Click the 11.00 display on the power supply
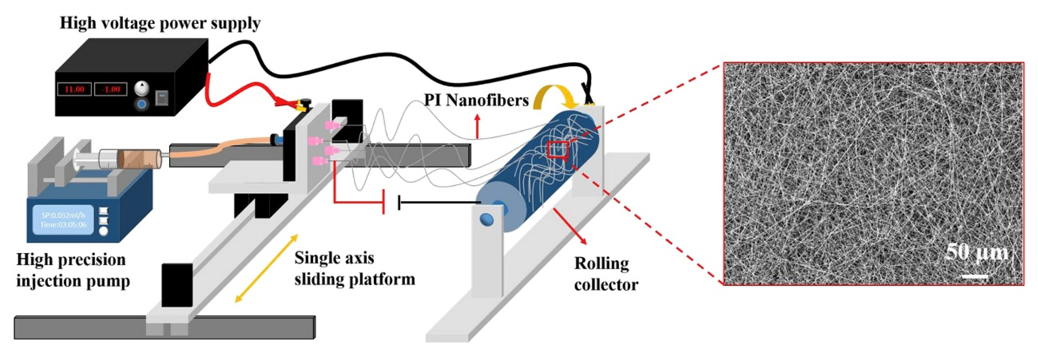(x=74, y=89)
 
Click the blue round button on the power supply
(x=141, y=104)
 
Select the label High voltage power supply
(x=160, y=23)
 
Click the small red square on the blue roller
(x=558, y=149)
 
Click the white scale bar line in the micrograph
(x=975, y=276)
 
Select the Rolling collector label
(x=606, y=274)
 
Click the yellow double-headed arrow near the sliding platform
(x=266, y=268)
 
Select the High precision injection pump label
(x=72, y=270)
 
